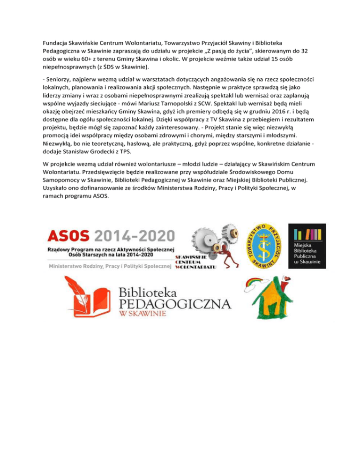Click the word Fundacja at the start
(52, 43)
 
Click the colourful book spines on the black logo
(307, 233)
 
